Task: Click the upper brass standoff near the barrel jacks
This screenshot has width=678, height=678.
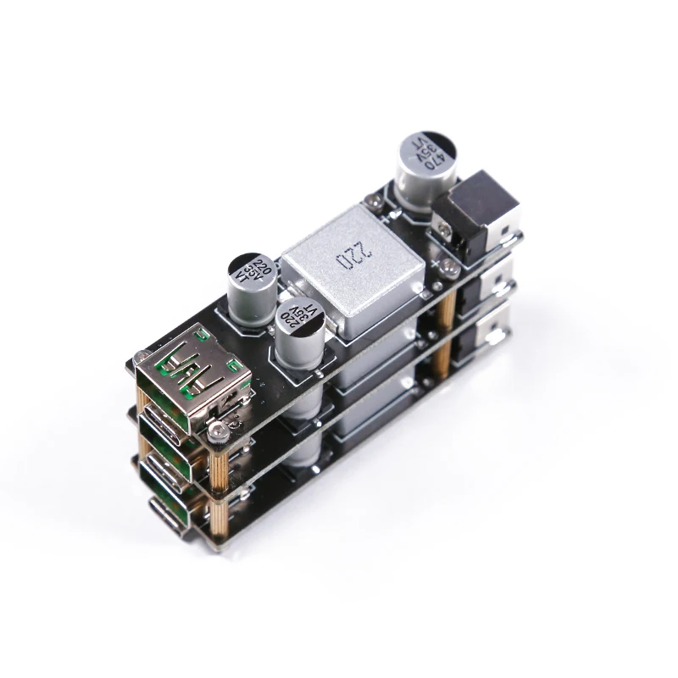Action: (441, 322)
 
